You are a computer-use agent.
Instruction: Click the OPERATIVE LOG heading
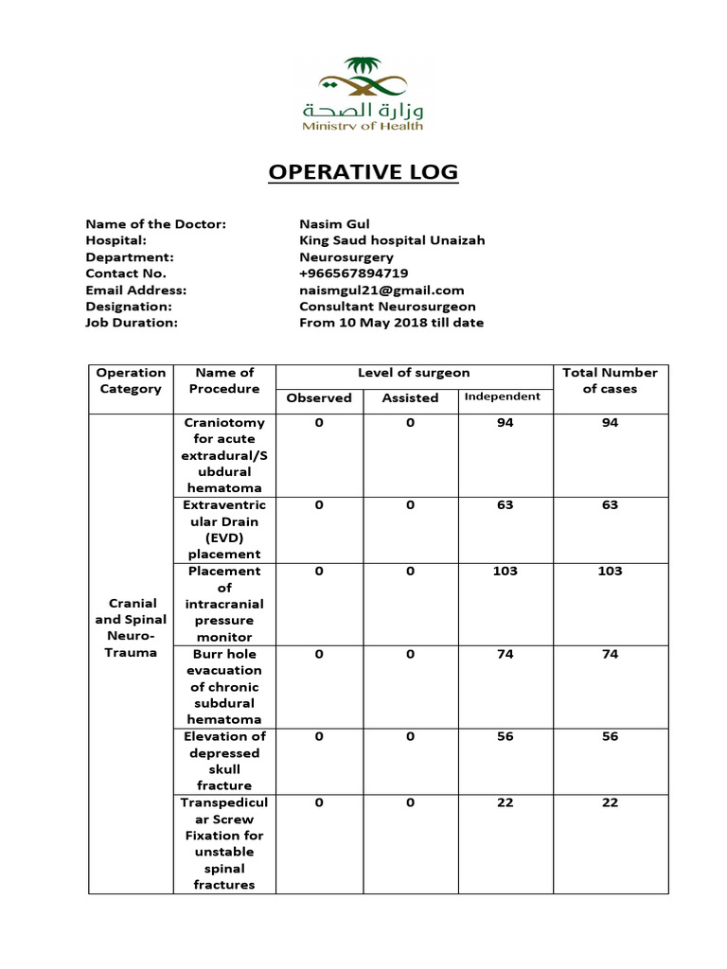tap(363, 172)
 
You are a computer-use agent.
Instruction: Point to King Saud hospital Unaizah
tap(392, 240)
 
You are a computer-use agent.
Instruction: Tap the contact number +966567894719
tap(353, 273)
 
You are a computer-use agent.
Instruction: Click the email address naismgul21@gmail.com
tap(381, 291)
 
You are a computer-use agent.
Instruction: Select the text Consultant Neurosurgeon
tap(387, 307)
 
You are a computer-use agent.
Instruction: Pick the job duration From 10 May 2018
tap(391, 323)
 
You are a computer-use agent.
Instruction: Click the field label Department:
tap(130, 257)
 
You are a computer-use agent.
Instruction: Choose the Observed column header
tap(319, 398)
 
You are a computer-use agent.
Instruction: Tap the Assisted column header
tap(410, 398)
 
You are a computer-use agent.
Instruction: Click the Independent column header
tap(503, 396)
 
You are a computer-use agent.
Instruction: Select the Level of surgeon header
tap(414, 373)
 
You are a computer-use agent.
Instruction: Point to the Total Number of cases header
tap(610, 380)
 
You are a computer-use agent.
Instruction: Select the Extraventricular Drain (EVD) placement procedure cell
tap(224, 529)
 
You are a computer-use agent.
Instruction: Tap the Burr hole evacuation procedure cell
tap(224, 686)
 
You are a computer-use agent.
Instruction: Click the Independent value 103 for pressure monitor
tap(505, 572)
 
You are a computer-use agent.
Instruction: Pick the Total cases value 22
tap(610, 802)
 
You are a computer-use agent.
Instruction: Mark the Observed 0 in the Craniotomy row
tap(319, 423)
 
